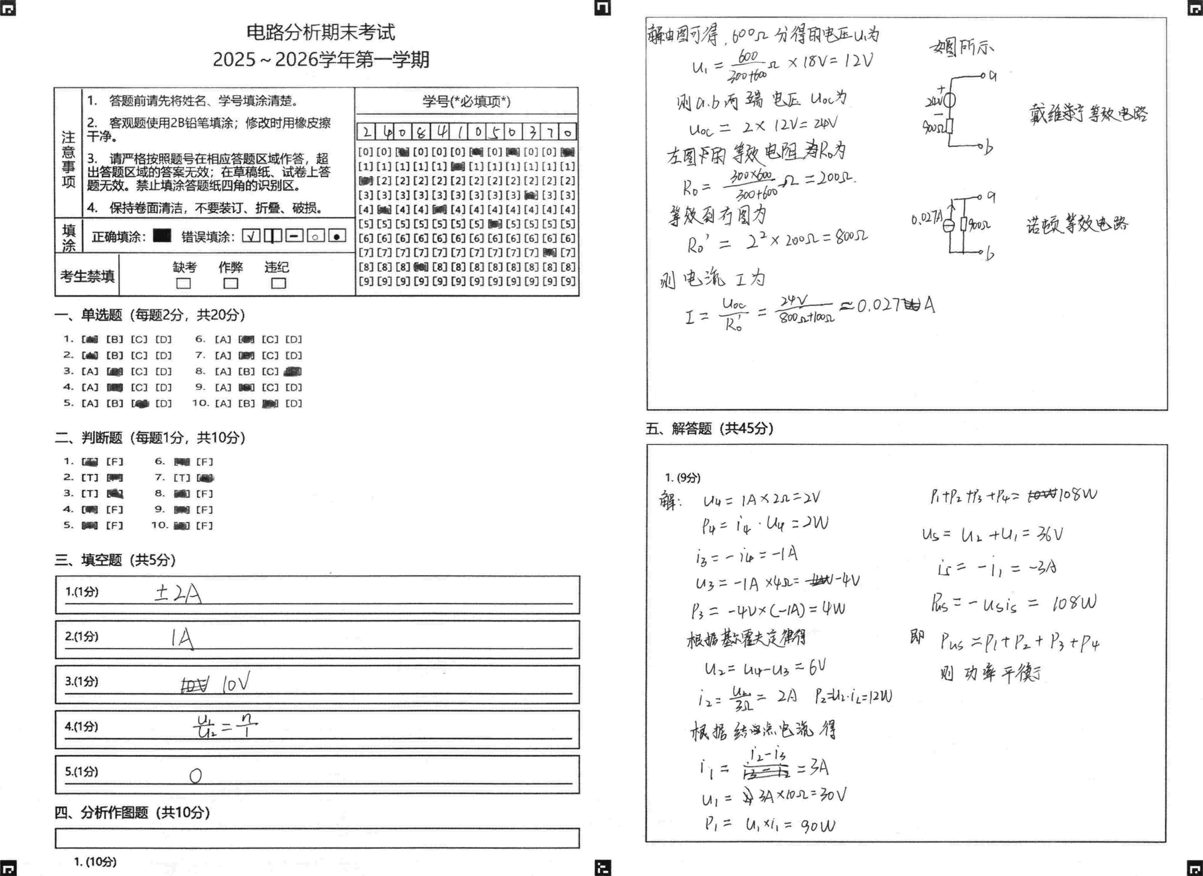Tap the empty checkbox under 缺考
pyautogui.click(x=184, y=283)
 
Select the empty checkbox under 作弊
pyautogui.click(x=231, y=283)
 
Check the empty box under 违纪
pyautogui.click(x=278, y=283)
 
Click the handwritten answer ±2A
pyautogui.click(x=178, y=594)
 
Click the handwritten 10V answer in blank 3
pyautogui.click(x=236, y=684)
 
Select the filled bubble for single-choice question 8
pyautogui.click(x=293, y=372)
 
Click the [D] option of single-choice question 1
pyautogui.click(x=163, y=339)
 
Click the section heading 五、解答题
pyautogui.click(x=709, y=429)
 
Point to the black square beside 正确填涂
pyautogui.click(x=162, y=235)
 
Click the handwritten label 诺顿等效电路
pyautogui.click(x=1077, y=225)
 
